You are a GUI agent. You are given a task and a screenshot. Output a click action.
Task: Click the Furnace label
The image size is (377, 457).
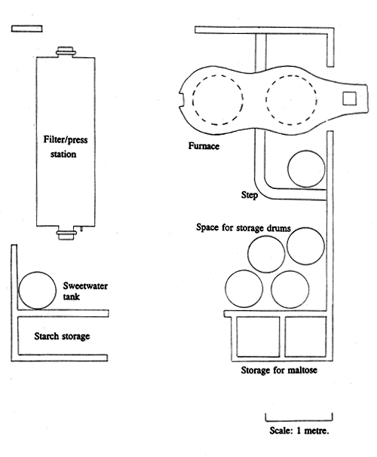(204, 146)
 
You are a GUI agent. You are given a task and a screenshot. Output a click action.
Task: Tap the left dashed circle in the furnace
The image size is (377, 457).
(192, 100)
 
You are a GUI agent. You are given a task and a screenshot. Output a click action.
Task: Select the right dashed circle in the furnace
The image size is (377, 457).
(266, 100)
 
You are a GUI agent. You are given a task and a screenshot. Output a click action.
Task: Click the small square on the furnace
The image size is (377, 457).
(349, 98)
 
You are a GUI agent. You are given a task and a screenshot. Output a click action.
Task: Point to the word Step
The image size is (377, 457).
(249, 195)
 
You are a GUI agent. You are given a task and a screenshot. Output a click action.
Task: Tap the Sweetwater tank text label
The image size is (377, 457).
(85, 291)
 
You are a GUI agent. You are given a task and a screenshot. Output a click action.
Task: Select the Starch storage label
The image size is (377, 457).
(62, 336)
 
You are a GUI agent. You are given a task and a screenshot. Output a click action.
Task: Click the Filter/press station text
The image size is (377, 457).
(65, 147)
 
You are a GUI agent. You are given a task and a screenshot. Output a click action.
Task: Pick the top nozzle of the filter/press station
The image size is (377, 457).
(66, 52)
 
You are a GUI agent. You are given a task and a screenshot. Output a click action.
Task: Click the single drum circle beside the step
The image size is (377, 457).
(288, 169)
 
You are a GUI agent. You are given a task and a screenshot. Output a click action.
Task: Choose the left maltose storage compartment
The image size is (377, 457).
(236, 337)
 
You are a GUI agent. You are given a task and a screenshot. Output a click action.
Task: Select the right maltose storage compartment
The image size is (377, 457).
(285, 337)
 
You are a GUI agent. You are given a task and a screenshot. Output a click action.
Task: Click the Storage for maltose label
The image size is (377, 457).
(279, 370)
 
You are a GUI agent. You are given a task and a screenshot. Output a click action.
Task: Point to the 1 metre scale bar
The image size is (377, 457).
(299, 421)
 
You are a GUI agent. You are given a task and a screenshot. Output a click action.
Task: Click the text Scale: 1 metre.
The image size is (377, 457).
(299, 431)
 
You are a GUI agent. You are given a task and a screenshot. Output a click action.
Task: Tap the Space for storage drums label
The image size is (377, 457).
(244, 227)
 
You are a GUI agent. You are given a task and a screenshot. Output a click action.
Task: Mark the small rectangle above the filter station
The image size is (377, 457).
(27, 29)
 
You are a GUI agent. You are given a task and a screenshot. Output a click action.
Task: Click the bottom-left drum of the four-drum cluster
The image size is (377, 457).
(225, 289)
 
